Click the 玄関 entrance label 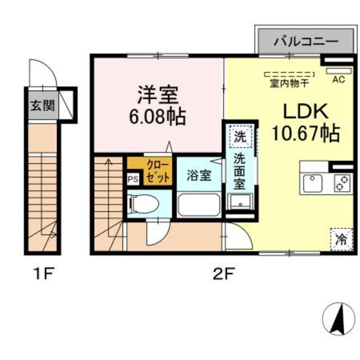(x=42, y=105)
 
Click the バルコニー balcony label (x=306, y=42)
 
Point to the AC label (x=338, y=79)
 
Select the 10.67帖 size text (x=305, y=133)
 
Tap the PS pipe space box (x=133, y=180)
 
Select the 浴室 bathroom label (x=199, y=175)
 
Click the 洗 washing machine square (x=240, y=136)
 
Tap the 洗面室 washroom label (x=240, y=172)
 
